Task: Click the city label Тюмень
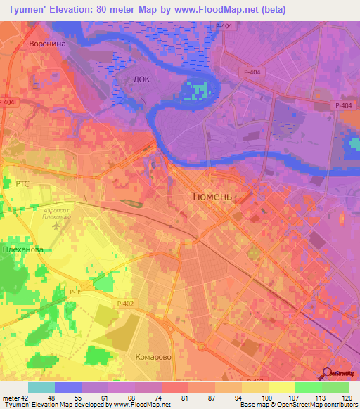tap(211, 197)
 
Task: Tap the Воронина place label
tap(47, 44)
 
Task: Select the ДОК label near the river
tap(141, 80)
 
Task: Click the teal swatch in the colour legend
tap(41, 387)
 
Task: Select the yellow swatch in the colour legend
tap(282, 387)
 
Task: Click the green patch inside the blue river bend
tap(199, 90)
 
